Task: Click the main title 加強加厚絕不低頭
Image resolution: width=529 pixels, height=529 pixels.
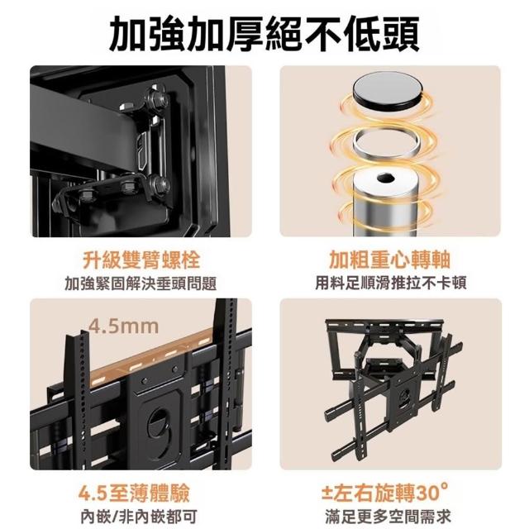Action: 264,35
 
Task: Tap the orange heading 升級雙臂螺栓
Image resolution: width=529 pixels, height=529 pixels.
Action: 141,260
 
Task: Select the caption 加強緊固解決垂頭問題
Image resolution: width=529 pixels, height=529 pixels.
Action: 141,284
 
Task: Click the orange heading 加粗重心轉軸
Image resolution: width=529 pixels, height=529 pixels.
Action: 390,260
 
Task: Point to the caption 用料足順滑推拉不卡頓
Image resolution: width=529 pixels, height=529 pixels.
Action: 391,283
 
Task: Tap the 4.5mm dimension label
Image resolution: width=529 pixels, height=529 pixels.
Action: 123,326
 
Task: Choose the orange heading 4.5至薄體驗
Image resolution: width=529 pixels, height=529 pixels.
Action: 134,493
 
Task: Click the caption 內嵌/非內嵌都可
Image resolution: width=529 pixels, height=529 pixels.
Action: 139,516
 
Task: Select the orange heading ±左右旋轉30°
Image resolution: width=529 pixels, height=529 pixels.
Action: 384,493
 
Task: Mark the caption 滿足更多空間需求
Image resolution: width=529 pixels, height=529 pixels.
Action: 388,516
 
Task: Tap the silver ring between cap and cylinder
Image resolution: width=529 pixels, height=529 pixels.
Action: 385,142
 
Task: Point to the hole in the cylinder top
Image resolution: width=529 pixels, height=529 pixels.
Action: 384,178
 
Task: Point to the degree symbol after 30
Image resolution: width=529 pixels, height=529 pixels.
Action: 444,487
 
